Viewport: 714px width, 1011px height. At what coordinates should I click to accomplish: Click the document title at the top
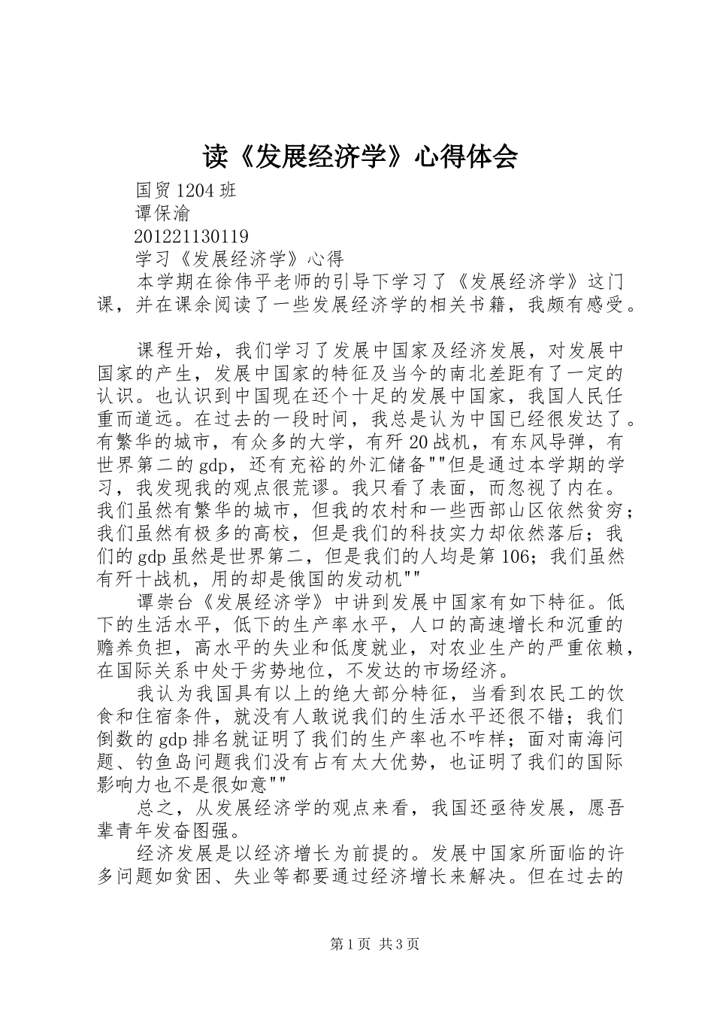(x=360, y=156)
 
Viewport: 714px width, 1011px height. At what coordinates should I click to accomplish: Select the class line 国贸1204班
(x=186, y=190)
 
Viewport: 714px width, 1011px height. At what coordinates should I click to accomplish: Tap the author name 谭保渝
(x=163, y=214)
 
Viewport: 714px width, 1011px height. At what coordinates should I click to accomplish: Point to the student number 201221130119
(x=192, y=236)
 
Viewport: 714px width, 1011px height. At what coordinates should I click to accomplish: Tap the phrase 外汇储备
(x=379, y=465)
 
